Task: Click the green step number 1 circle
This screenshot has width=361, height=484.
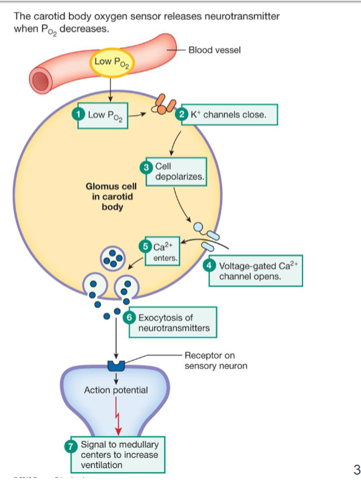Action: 80,114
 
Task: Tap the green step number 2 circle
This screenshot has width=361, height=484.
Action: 183,115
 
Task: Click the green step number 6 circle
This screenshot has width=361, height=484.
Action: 130,318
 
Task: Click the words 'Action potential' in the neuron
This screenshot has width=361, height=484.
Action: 116,389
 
